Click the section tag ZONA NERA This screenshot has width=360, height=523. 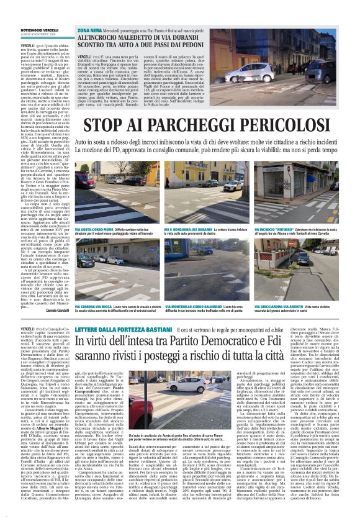(x=89, y=29)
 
